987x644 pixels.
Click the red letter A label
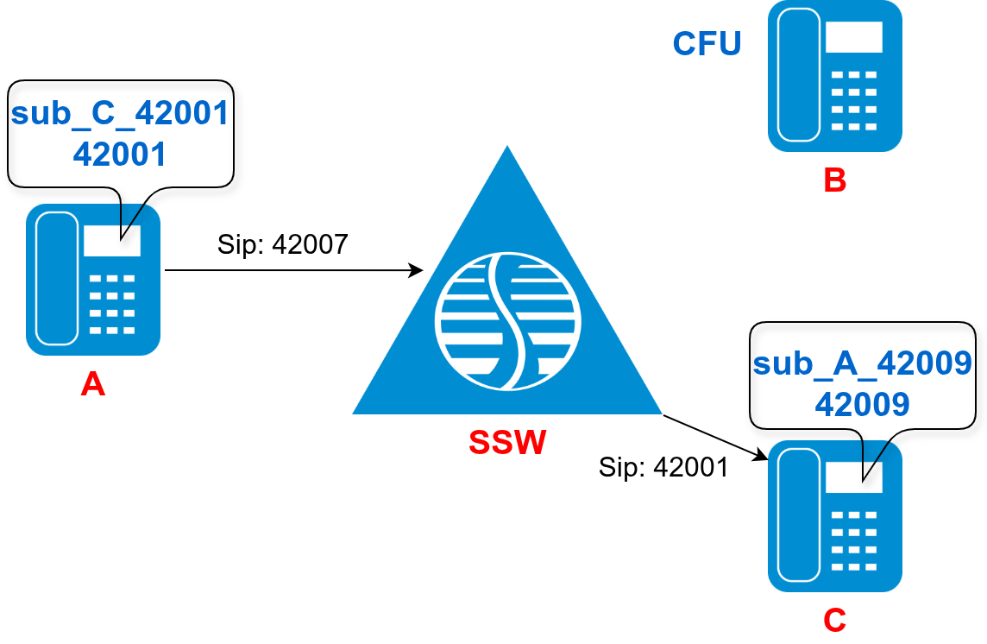[x=92, y=383]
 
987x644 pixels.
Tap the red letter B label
[x=834, y=180]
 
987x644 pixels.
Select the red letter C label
[x=834, y=621]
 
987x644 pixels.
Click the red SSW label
[x=507, y=443]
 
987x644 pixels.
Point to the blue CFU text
[x=707, y=44]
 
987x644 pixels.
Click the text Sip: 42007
[x=282, y=245]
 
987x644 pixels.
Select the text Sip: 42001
[x=663, y=467]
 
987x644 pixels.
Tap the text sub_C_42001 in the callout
[x=120, y=113]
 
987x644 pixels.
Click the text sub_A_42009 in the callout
[x=863, y=363]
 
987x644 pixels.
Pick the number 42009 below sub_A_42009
[x=863, y=404]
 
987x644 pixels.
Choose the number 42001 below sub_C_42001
[x=120, y=154]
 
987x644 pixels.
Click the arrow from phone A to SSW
[x=293, y=270]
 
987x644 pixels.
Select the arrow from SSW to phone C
[x=715, y=437]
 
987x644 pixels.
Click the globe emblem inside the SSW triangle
[x=507, y=320]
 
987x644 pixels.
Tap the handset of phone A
[x=57, y=279]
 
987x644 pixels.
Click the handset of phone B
[x=799, y=75]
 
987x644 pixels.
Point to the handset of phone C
[x=799, y=516]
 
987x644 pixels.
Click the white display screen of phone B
[x=853, y=37]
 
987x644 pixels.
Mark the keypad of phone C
[x=853, y=540]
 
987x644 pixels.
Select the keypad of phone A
[x=112, y=304]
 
